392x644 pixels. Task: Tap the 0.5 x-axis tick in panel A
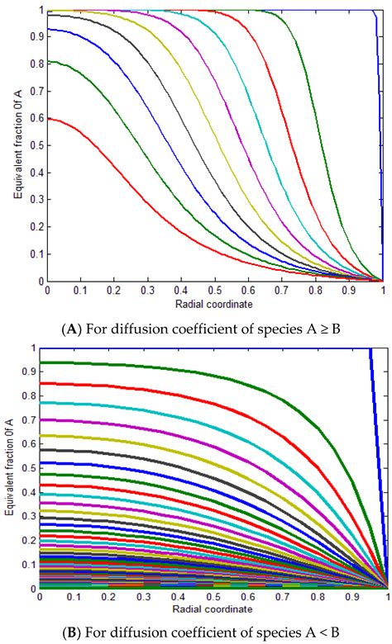(215, 291)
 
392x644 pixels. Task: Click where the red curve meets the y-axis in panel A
(48, 119)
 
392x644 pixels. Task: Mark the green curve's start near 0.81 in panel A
(48, 62)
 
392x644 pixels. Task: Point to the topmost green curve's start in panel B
(48, 362)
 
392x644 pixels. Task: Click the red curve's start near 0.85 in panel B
(48, 384)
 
